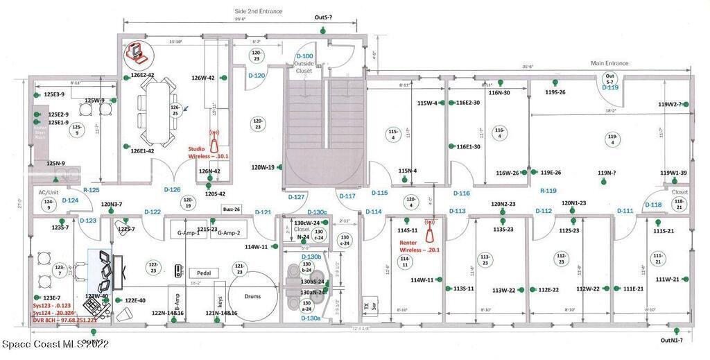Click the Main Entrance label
609,63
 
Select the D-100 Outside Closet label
304,63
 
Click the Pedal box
203,273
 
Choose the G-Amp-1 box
188,233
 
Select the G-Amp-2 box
228,233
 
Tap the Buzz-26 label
232,209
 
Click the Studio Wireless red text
206,152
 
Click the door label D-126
172,189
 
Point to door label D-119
610,88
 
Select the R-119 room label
548,190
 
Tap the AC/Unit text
49,191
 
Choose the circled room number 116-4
499,132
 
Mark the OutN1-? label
672,340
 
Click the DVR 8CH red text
64,320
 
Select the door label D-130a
311,318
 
